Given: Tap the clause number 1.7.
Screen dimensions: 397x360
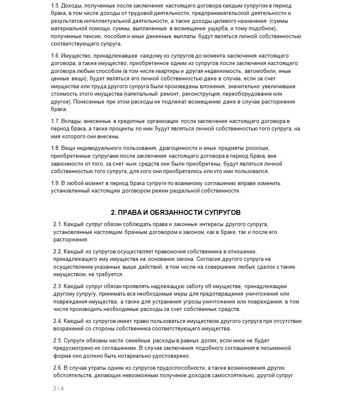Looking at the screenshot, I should tap(56, 121).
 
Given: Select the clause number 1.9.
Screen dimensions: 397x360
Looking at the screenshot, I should tap(56, 183).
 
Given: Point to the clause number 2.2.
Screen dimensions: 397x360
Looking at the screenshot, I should tap(58, 252).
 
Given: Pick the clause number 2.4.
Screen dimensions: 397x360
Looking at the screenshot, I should tap(58, 320).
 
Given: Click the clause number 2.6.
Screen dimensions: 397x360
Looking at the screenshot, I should tap(58, 368).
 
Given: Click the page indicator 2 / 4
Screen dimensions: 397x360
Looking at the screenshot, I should tap(58, 388).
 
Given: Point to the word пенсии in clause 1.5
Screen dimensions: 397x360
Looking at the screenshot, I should tap(89, 36).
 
